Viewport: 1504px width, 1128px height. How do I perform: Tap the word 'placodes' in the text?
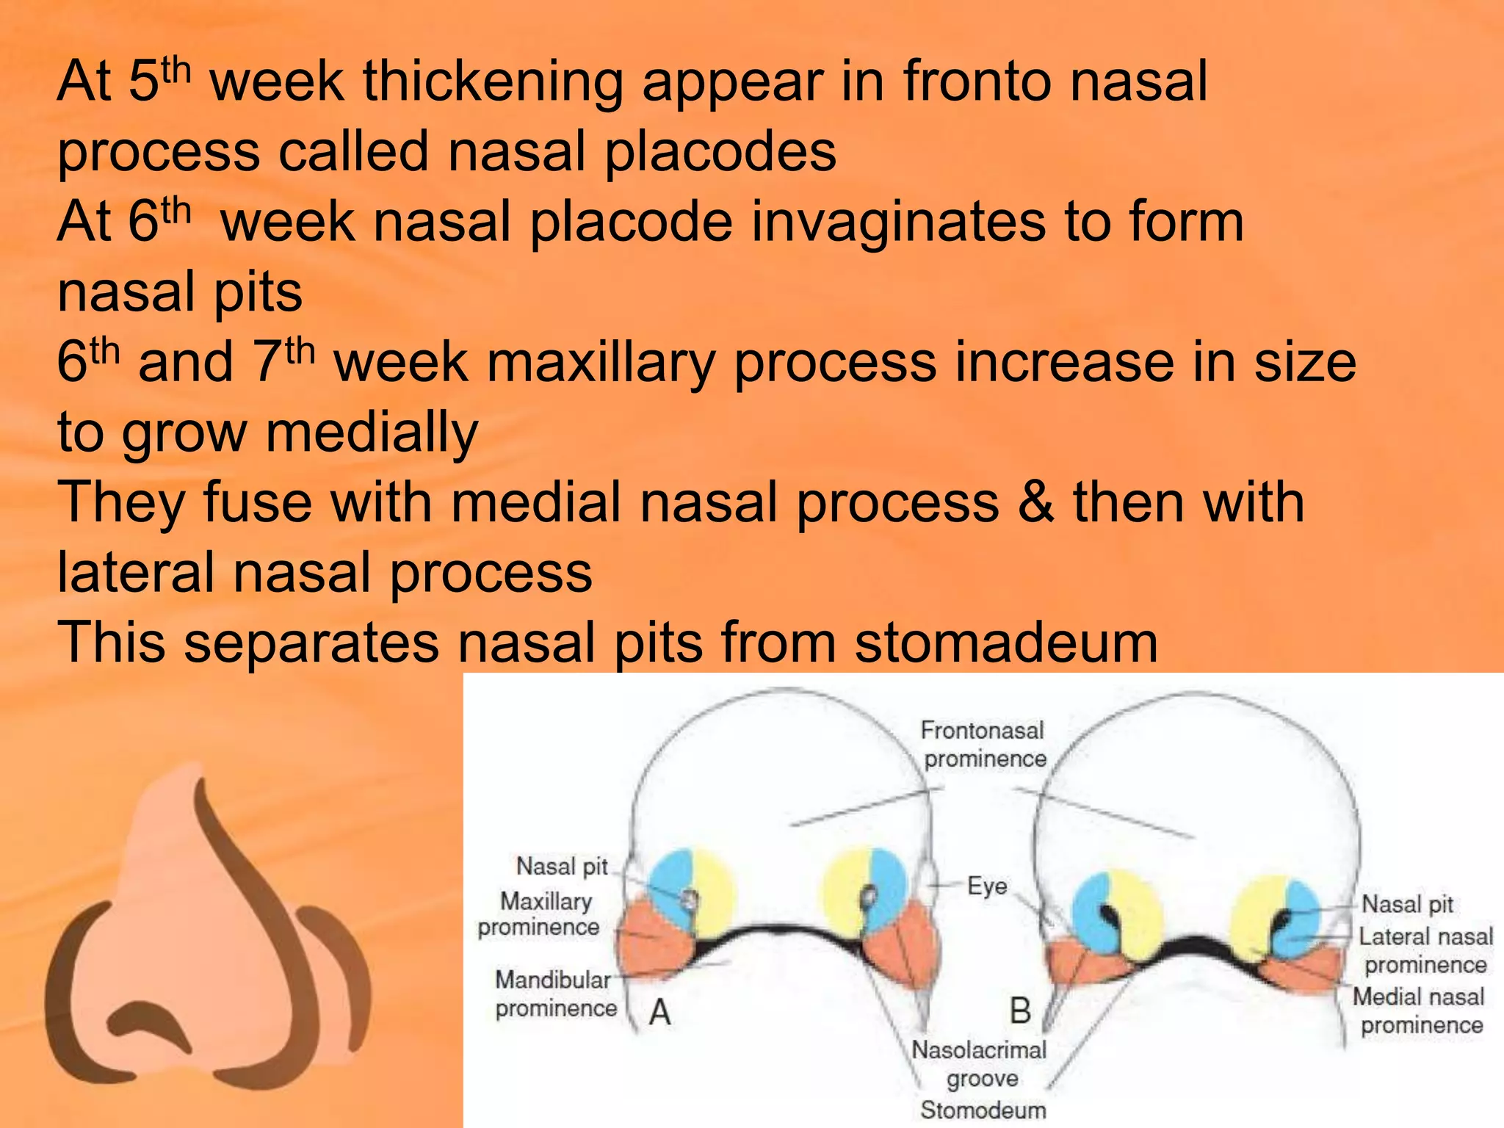pyautogui.click(x=720, y=152)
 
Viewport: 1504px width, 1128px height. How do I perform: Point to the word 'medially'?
pyautogui.click(x=372, y=433)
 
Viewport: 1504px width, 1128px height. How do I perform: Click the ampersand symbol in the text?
pyautogui.click(x=1035, y=503)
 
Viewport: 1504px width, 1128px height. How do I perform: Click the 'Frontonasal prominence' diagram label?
pyautogui.click(x=983, y=745)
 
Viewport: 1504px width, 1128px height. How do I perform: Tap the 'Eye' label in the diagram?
pyautogui.click(x=986, y=886)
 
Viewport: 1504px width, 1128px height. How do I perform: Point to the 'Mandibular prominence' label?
pyautogui.click(x=554, y=994)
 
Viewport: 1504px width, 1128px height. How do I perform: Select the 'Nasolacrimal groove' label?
pyautogui.click(x=979, y=1064)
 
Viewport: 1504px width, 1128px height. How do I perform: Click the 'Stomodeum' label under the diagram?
pyautogui.click(x=983, y=1110)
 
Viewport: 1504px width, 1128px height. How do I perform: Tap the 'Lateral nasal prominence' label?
pyautogui.click(x=1425, y=950)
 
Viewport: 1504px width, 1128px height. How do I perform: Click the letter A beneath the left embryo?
pyautogui.click(x=659, y=1013)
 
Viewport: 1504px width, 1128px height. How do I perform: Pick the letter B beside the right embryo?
pyautogui.click(x=1020, y=1011)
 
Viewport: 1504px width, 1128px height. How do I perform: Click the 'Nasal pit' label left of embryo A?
pyautogui.click(x=562, y=867)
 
